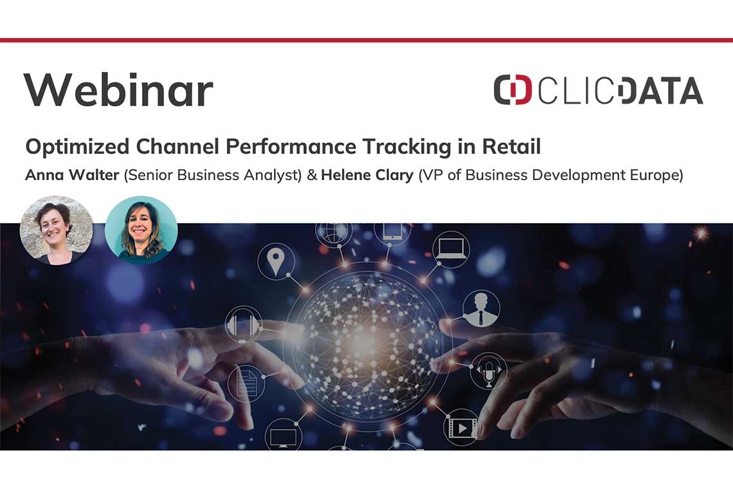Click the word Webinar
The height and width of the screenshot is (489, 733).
[118, 90]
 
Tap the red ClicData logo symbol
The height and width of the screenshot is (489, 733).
[513, 89]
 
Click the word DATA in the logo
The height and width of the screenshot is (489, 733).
[660, 90]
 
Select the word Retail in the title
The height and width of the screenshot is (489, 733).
[511, 147]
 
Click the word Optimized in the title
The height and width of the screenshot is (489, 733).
[77, 147]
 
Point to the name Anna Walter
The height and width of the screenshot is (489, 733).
[72, 174]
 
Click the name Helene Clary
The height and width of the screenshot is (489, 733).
[367, 175]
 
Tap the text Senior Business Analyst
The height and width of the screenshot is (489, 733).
[213, 175]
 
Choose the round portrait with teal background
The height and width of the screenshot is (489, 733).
[141, 230]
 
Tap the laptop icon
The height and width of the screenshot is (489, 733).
[451, 249]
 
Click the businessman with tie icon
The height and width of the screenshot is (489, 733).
[481, 309]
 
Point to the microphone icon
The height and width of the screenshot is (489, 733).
[489, 371]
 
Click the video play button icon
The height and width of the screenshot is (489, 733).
[462, 427]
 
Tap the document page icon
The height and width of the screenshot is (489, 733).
[246, 383]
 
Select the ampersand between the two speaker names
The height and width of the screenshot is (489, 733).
[312, 175]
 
